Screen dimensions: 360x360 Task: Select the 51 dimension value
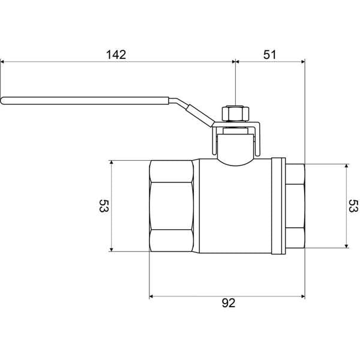270,54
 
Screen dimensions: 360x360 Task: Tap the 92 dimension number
228,304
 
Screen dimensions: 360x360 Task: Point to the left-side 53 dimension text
103,206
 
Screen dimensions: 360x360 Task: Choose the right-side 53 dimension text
353,206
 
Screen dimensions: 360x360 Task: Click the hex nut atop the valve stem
235,113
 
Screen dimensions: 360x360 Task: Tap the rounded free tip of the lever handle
4,100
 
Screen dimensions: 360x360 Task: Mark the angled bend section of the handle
192,110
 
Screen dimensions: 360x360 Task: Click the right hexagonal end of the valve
295,206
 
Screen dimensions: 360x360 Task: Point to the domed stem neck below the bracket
236,150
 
